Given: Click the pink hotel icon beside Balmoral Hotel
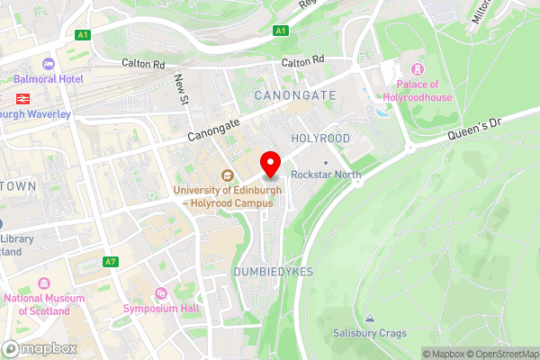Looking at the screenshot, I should (x=48, y=64).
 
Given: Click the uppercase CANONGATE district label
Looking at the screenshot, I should (x=295, y=94).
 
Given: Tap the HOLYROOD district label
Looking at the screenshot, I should (x=320, y=138).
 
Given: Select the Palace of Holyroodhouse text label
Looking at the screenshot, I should (x=417, y=91).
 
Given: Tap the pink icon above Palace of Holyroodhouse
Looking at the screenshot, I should (x=417, y=69).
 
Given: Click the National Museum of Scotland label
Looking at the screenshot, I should (x=37, y=304).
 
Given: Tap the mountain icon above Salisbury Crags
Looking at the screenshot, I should (x=370, y=319).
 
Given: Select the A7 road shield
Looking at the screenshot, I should (x=111, y=262).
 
